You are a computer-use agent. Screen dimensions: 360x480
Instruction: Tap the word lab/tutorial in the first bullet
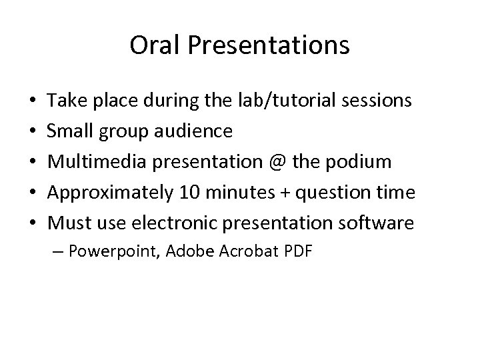coord(297,101)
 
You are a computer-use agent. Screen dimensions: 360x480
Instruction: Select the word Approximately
coord(109,193)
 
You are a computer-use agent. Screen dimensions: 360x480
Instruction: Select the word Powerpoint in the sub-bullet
coord(118,251)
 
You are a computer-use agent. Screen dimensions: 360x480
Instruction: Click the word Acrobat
coord(255,251)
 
